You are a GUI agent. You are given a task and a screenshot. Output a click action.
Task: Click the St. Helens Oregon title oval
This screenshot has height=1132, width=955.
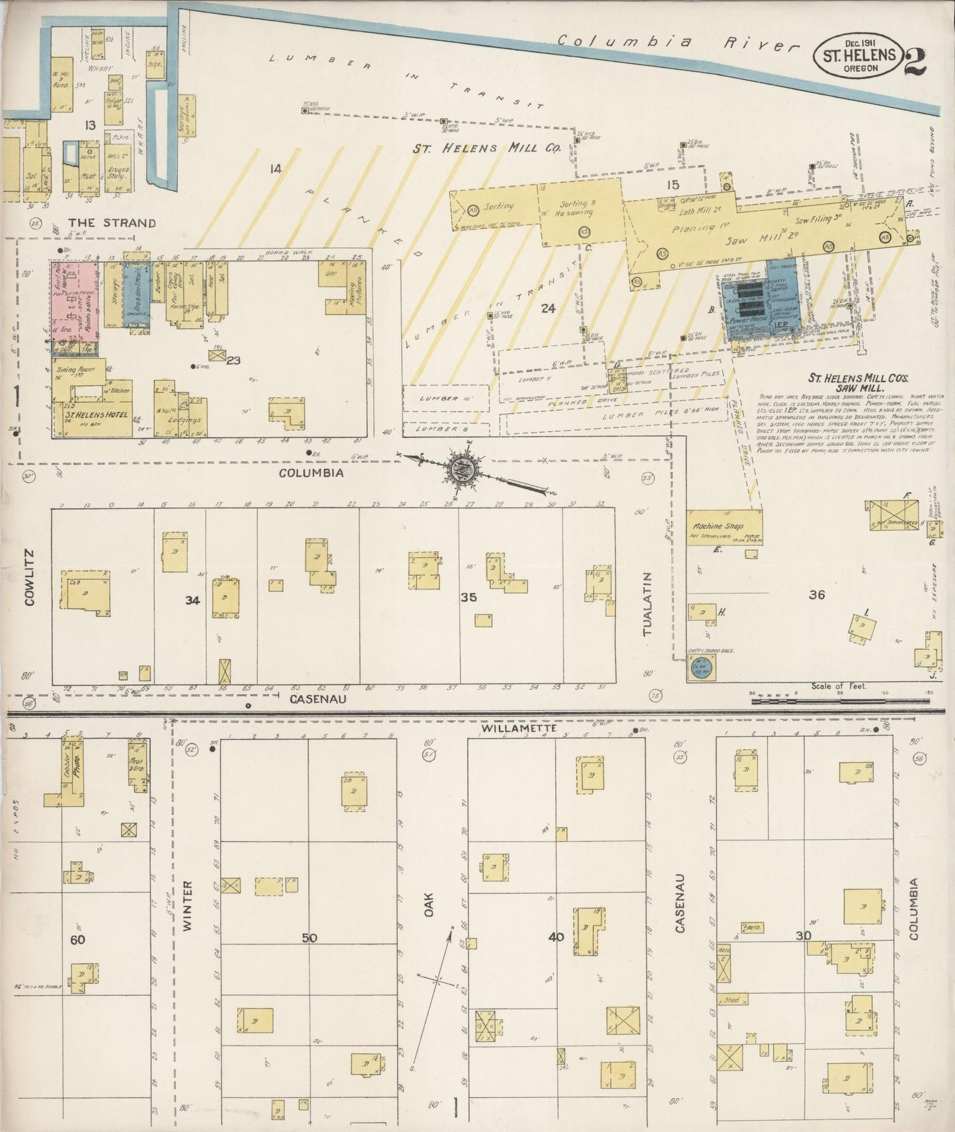pyautogui.click(x=859, y=55)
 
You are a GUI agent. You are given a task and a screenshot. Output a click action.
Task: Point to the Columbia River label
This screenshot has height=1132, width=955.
pyautogui.click(x=677, y=43)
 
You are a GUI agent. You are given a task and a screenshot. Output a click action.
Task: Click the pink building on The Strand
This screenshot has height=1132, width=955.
pyautogui.click(x=75, y=301)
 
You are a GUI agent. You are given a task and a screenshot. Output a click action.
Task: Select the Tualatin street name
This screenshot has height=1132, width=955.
pyautogui.click(x=648, y=604)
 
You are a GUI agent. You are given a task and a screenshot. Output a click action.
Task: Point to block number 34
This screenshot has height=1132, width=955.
pyautogui.click(x=192, y=600)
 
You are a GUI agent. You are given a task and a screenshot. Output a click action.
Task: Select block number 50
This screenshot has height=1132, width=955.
pyautogui.click(x=309, y=938)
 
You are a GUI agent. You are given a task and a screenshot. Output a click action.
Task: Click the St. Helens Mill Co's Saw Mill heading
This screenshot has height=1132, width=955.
pyautogui.click(x=858, y=383)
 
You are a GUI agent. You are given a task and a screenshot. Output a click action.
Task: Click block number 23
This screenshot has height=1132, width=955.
pyautogui.click(x=233, y=361)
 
